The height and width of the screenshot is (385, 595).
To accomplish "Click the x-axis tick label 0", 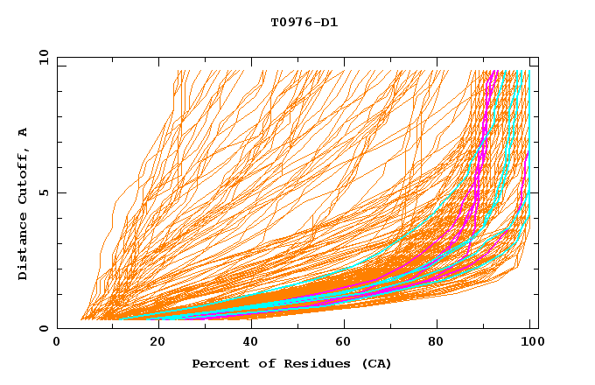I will [x=57, y=343].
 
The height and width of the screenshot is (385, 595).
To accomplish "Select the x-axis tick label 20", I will [x=158, y=343].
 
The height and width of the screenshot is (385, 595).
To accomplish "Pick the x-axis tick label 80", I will [x=436, y=343].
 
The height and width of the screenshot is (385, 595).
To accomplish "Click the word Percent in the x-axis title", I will [x=216, y=363].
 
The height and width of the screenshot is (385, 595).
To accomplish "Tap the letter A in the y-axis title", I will [x=24, y=132].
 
